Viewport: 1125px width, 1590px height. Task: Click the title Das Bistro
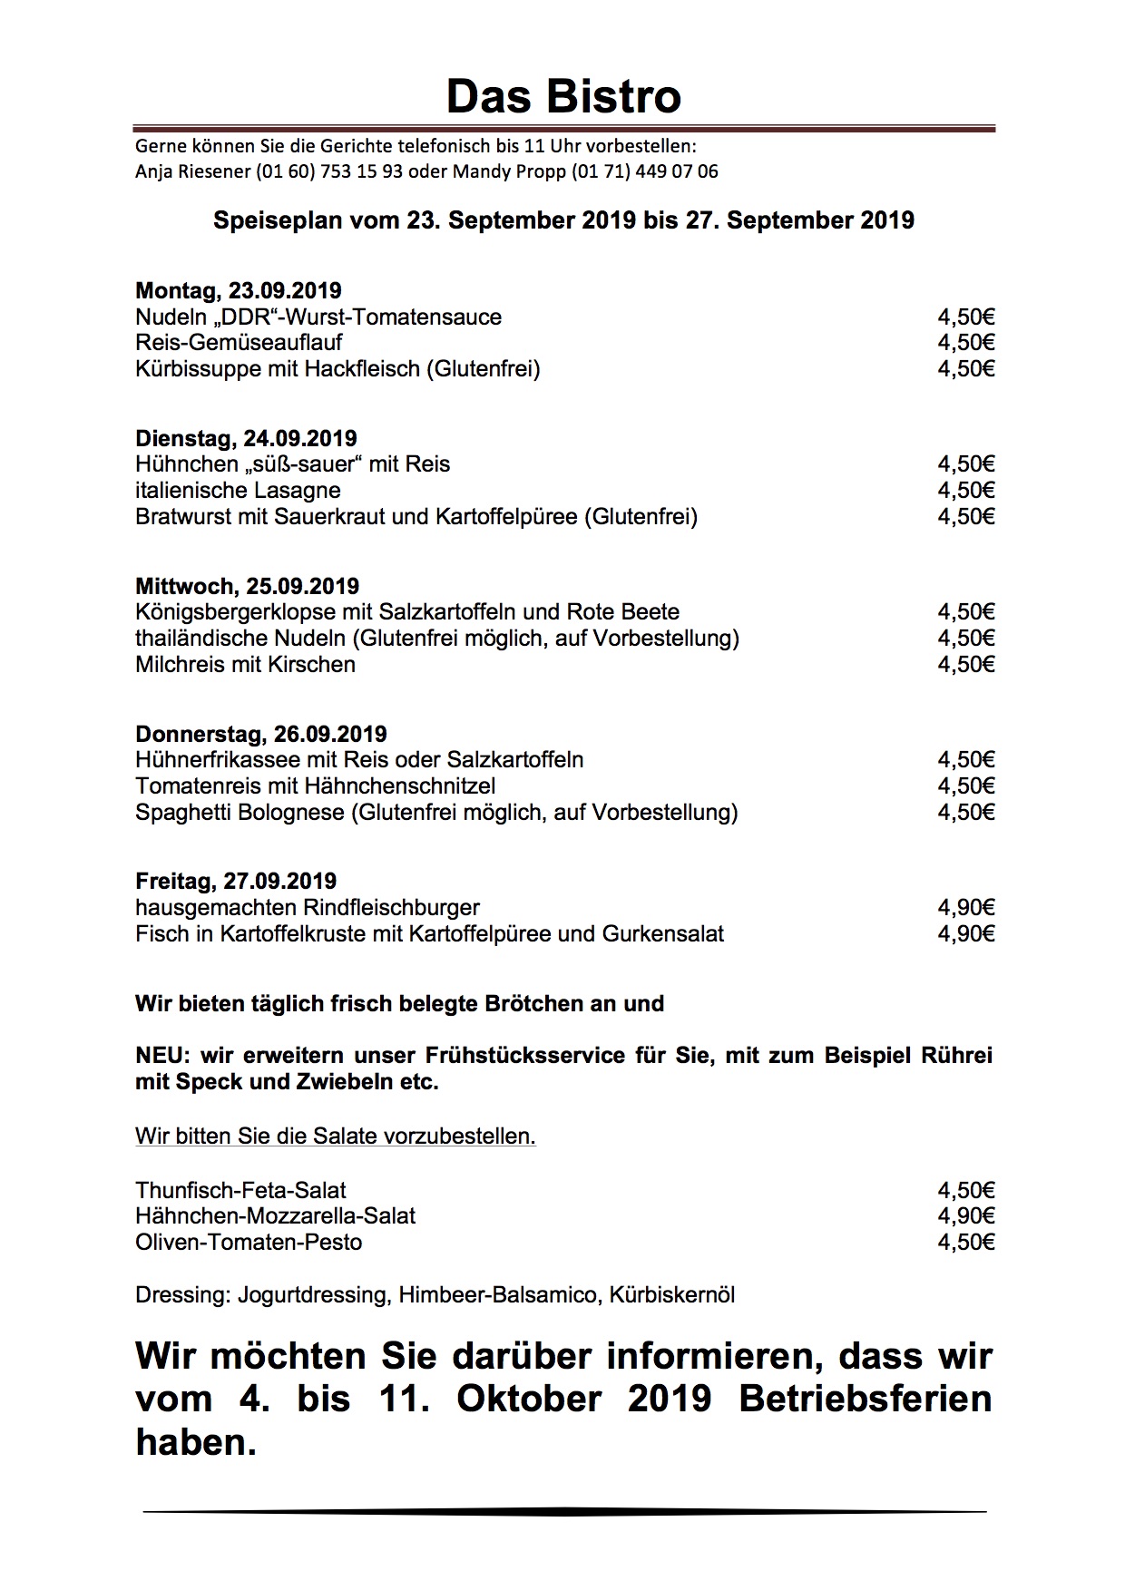pos(562,97)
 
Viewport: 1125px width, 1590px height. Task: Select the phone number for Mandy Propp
pos(645,171)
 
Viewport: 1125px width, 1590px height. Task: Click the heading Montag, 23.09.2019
pos(239,291)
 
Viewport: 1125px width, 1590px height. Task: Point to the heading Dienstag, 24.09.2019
pos(246,439)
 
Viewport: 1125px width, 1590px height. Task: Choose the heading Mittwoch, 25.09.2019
pos(247,586)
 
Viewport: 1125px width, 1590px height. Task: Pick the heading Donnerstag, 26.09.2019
pos(261,734)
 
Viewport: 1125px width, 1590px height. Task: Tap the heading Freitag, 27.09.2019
pos(236,881)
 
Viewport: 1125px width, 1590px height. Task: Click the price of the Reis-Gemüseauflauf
pos(966,343)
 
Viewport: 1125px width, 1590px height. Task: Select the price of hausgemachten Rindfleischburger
pos(966,907)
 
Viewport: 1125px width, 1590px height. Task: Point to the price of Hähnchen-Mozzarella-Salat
pos(966,1216)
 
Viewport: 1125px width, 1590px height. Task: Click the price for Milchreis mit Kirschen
pos(966,665)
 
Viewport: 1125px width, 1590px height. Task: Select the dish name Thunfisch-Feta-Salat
pos(240,1190)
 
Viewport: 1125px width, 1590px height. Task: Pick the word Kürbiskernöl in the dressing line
pos(671,1294)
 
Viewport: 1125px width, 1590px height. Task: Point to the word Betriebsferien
pos(865,1399)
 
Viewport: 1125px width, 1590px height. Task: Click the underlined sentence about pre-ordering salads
pos(336,1136)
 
